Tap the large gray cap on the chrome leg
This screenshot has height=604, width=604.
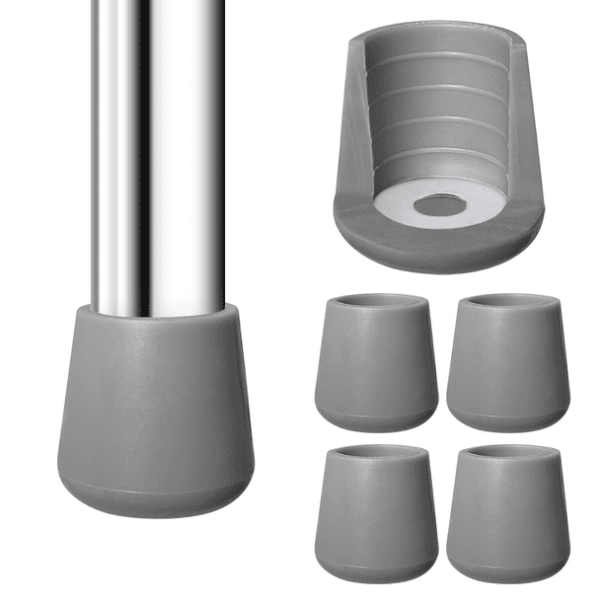[x=155, y=415]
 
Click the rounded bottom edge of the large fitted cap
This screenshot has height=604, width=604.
[x=155, y=503]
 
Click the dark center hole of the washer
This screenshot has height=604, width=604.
[x=440, y=206]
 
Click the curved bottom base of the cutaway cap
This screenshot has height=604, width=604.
[x=439, y=247]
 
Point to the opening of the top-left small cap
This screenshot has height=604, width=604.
[x=376, y=302]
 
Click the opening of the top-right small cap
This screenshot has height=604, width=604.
[x=507, y=302]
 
